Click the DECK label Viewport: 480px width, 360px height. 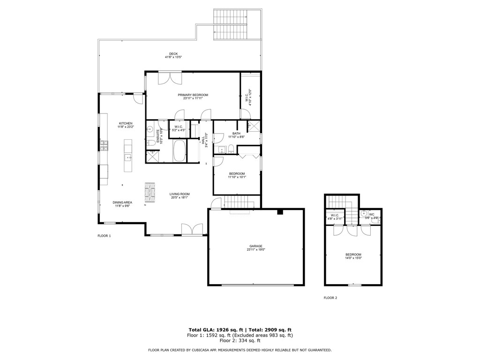(x=173, y=53)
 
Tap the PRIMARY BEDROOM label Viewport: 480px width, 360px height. (x=193, y=95)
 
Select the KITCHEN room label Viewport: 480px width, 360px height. (x=126, y=123)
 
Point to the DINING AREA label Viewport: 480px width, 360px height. (x=122, y=202)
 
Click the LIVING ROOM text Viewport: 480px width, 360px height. (x=180, y=194)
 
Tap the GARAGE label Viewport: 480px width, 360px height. (x=255, y=246)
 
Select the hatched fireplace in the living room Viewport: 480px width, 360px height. (x=149, y=192)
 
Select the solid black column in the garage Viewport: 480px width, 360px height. (x=280, y=212)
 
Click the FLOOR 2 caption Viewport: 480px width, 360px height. (x=330, y=298)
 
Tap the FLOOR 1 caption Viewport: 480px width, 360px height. (x=104, y=236)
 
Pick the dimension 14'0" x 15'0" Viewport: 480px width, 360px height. (x=353, y=258)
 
